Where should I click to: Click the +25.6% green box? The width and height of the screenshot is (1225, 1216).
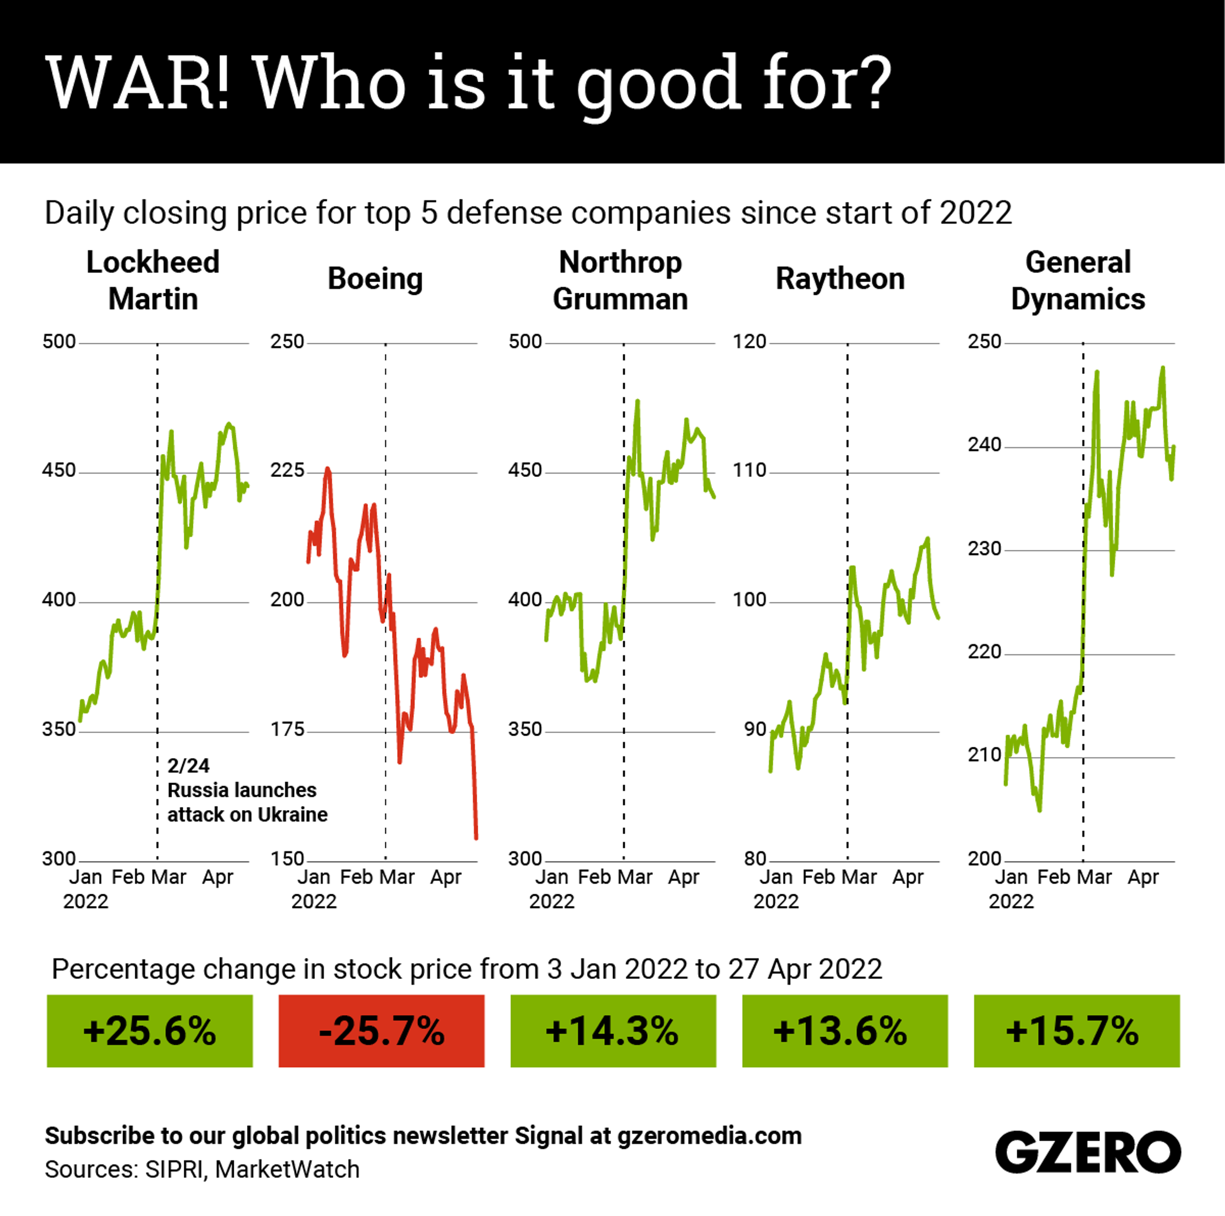click(149, 1030)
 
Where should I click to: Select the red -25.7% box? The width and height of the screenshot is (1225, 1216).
click(381, 1030)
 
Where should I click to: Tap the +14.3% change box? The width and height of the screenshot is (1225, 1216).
click(612, 1030)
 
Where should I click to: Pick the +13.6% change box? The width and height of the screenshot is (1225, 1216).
click(845, 1030)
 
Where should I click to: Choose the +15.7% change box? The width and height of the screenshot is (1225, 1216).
click(1076, 1030)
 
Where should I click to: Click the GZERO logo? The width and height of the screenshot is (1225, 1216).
click(1087, 1151)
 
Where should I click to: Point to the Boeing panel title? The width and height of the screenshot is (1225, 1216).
click(375, 279)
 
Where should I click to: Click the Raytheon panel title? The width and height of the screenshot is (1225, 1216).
click(840, 279)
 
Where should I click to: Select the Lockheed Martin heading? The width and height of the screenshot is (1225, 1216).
click(153, 280)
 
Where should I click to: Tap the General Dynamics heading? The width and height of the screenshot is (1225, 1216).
click(1078, 280)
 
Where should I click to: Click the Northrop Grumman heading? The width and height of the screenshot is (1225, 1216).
click(620, 280)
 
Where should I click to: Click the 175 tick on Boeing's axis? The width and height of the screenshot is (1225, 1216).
click(287, 729)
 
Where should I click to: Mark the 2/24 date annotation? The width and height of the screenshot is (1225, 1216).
click(188, 765)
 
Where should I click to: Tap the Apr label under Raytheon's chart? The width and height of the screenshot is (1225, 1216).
click(907, 877)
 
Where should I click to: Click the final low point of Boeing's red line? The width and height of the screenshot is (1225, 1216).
click(476, 838)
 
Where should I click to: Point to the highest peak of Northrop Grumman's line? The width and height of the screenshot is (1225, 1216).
click(637, 401)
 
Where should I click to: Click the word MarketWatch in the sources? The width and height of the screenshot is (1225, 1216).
click(287, 1169)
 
